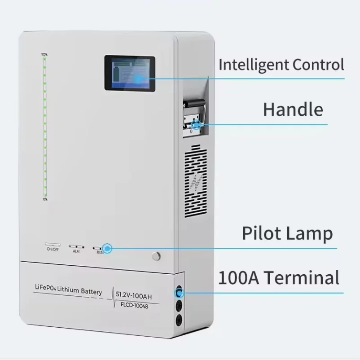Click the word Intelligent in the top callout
pyautogui.click(x=254, y=65)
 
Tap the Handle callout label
pyautogui.click(x=293, y=110)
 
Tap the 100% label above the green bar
pyautogui.click(x=44, y=55)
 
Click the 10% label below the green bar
pyautogui.click(x=44, y=199)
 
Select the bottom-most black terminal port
pyautogui.click(x=179, y=320)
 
